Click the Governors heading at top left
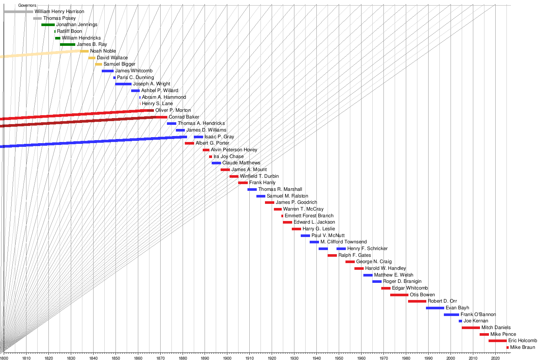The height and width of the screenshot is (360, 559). [27, 6]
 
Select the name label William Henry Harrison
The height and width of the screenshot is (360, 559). [59, 12]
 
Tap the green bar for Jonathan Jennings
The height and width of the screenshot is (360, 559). [48, 25]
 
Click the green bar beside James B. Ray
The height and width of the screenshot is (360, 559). [67, 44]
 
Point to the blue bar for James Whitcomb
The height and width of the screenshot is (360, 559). [108, 71]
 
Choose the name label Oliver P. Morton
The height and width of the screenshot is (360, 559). [173, 110]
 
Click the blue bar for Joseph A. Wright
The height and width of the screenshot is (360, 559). [123, 84]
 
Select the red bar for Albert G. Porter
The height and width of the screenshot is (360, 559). [189, 143]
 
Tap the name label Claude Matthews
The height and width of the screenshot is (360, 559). [241, 163]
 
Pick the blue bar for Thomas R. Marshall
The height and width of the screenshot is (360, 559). [252, 189]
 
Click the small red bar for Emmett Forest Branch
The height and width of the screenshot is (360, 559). [282, 216]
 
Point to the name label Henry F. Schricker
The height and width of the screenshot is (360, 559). [367, 249]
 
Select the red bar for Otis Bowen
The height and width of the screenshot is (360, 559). [399, 295]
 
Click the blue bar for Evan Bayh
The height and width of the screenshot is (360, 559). [435, 308]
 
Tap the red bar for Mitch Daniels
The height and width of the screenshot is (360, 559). [471, 328]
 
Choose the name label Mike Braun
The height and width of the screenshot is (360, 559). [522, 347]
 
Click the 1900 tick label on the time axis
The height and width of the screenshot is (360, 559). [227, 358]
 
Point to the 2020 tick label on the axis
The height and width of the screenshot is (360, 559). [495, 358]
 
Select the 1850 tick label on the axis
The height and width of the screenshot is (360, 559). [116, 358]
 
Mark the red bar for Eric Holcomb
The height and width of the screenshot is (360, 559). [498, 341]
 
